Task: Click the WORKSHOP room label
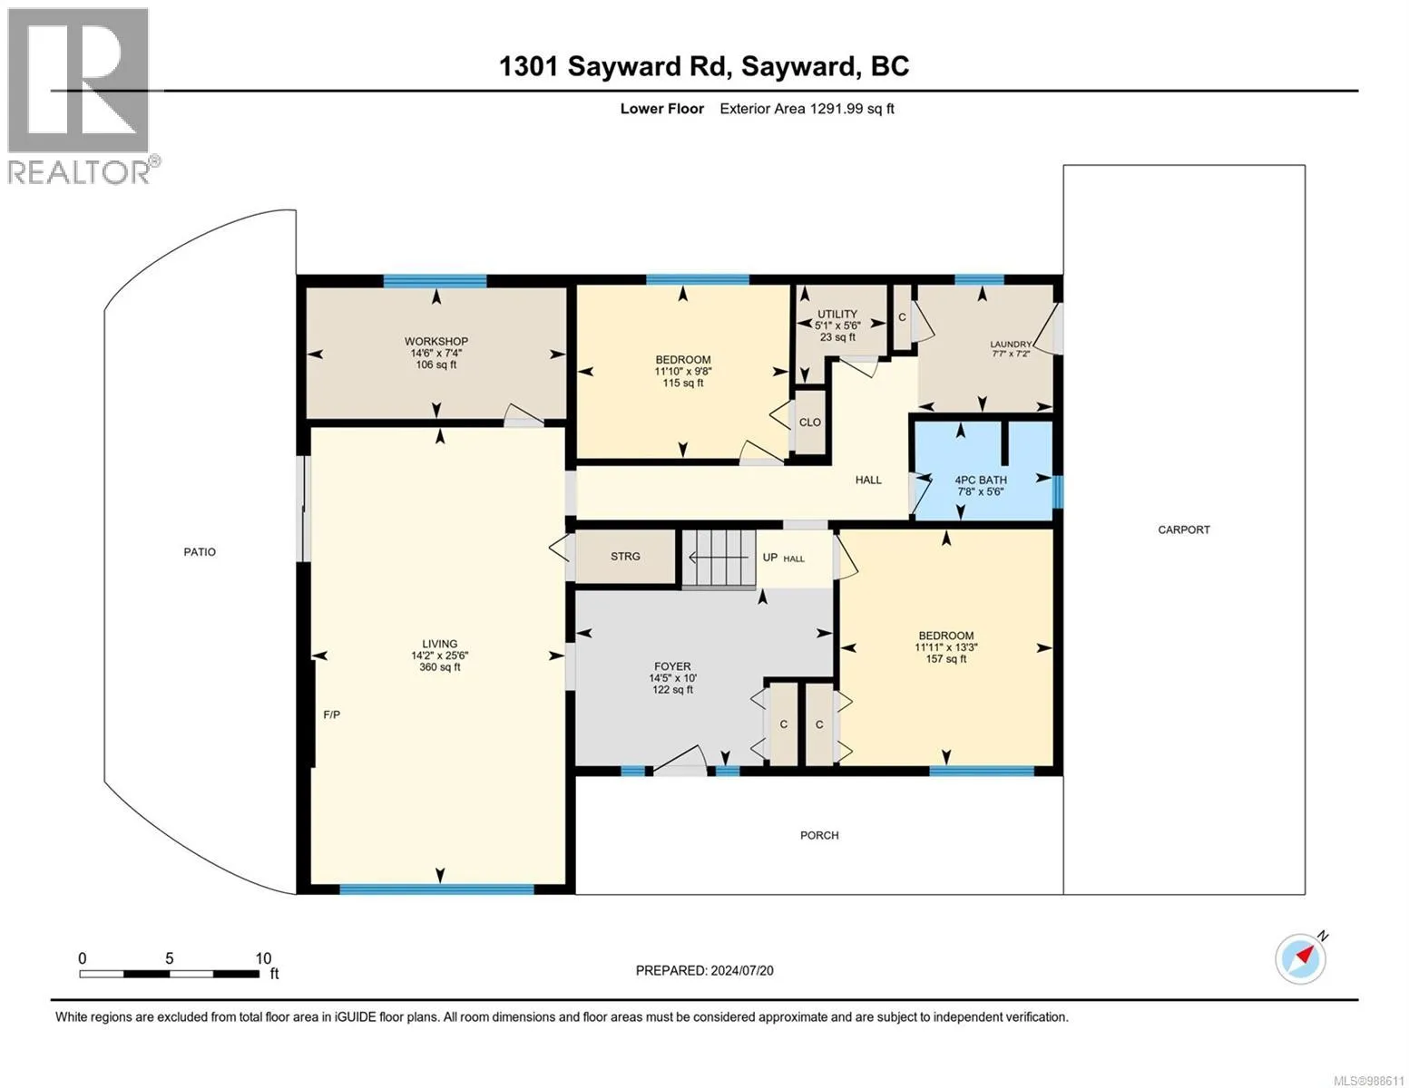[435, 341]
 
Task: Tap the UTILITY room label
[837, 314]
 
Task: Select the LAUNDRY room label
[1010, 345]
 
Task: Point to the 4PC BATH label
[981, 481]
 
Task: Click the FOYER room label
[672, 666]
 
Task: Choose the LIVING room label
[440, 644]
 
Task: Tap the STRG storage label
[625, 556]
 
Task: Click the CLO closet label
[810, 422]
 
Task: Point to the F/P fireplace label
[331, 714]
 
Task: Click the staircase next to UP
[719, 558]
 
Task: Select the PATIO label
[200, 551]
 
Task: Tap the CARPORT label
[1183, 529]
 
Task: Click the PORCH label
[819, 835]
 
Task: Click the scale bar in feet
[170, 973]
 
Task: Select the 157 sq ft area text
[946, 659]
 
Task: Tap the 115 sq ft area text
[683, 383]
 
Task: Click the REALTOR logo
[82, 96]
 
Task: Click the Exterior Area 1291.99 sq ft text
[807, 109]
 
